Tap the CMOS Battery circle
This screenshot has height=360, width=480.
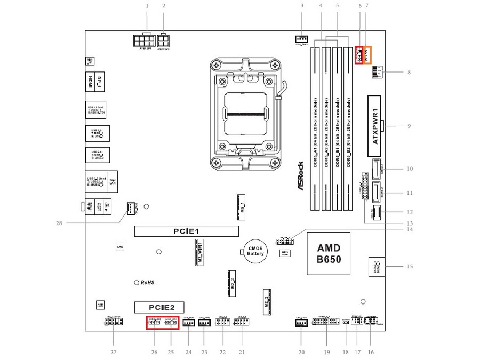(255, 251)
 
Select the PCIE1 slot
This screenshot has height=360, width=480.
(186, 231)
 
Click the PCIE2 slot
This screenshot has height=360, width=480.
(158, 307)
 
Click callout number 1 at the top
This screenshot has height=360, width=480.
(147, 6)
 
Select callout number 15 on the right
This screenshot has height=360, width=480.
(410, 266)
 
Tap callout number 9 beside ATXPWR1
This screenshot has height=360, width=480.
(409, 126)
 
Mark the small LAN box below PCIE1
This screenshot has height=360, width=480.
(121, 247)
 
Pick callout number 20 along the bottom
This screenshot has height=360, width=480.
(301, 352)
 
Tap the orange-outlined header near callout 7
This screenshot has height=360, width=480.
(367, 55)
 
